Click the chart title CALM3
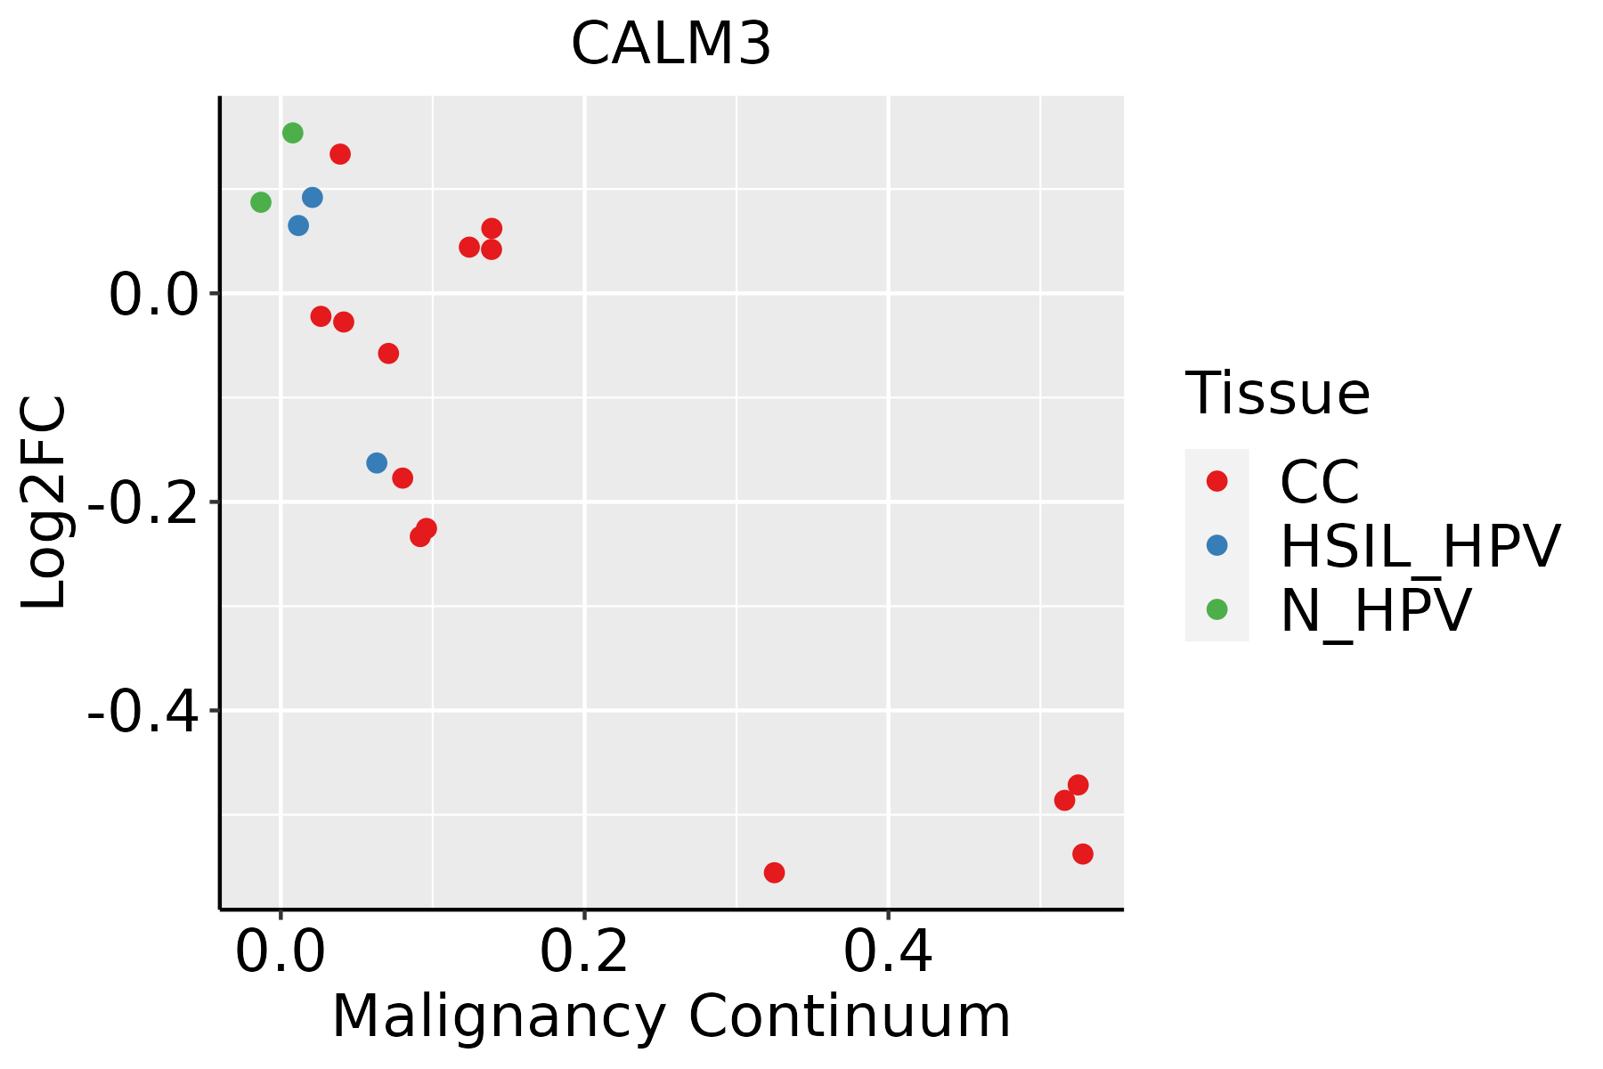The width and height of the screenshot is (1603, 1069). coord(671,45)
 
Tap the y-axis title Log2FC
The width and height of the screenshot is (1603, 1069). coord(45,502)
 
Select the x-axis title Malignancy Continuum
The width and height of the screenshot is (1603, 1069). coord(671,1016)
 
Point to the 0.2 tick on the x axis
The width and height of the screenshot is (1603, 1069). coord(584,952)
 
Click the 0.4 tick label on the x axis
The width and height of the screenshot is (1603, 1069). coord(888,952)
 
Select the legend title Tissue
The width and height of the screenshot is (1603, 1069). coord(1277,393)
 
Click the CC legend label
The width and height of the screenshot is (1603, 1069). coord(1319,482)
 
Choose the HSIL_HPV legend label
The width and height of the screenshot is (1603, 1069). coord(1420,546)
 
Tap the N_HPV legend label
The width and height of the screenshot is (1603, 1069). coord(1375,610)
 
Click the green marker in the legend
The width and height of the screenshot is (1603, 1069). coord(1216,609)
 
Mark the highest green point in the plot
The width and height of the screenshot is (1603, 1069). coord(293,133)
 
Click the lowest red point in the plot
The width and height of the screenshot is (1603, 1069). coord(774,872)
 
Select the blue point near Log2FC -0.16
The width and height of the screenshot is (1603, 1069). coord(377,463)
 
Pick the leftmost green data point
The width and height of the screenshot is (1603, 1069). coord(261,202)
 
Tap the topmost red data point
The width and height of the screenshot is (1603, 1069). coord(340,154)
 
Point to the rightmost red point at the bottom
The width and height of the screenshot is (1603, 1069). coord(1083,854)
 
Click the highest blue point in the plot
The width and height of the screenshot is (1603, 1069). coord(313,197)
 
